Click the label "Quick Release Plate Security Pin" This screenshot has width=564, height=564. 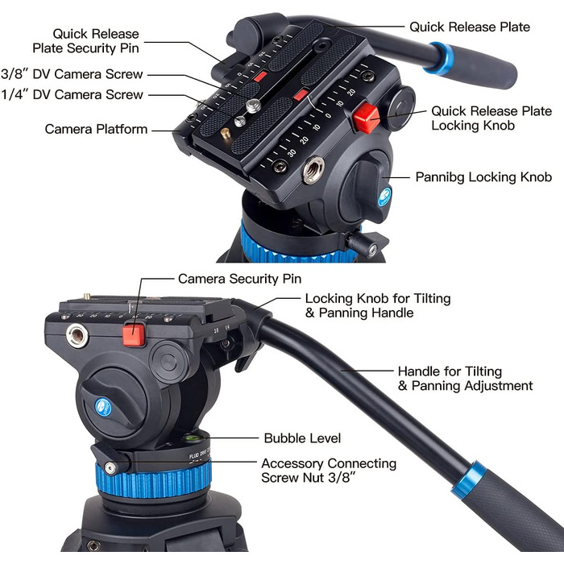(85, 40)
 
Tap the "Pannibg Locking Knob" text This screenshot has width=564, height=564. (483, 177)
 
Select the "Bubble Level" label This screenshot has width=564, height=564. (302, 438)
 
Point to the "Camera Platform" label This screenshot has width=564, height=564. (96, 129)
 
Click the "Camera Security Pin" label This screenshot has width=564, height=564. (239, 279)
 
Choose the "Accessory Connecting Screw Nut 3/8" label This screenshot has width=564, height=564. (329, 470)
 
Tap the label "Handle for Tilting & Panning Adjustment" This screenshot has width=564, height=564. (465, 379)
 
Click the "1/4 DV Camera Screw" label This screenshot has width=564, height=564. (72, 94)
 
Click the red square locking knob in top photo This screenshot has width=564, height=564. (366, 118)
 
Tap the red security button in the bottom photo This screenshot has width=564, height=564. (134, 334)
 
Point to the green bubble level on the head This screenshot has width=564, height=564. (192, 438)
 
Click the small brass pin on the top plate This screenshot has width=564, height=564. (226, 133)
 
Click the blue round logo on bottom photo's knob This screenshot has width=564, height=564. (103, 408)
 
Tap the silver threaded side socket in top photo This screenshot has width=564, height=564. (313, 170)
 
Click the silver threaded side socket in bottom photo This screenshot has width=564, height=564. (77, 335)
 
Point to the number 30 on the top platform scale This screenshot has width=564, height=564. (292, 152)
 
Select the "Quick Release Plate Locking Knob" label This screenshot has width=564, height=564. (491, 118)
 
